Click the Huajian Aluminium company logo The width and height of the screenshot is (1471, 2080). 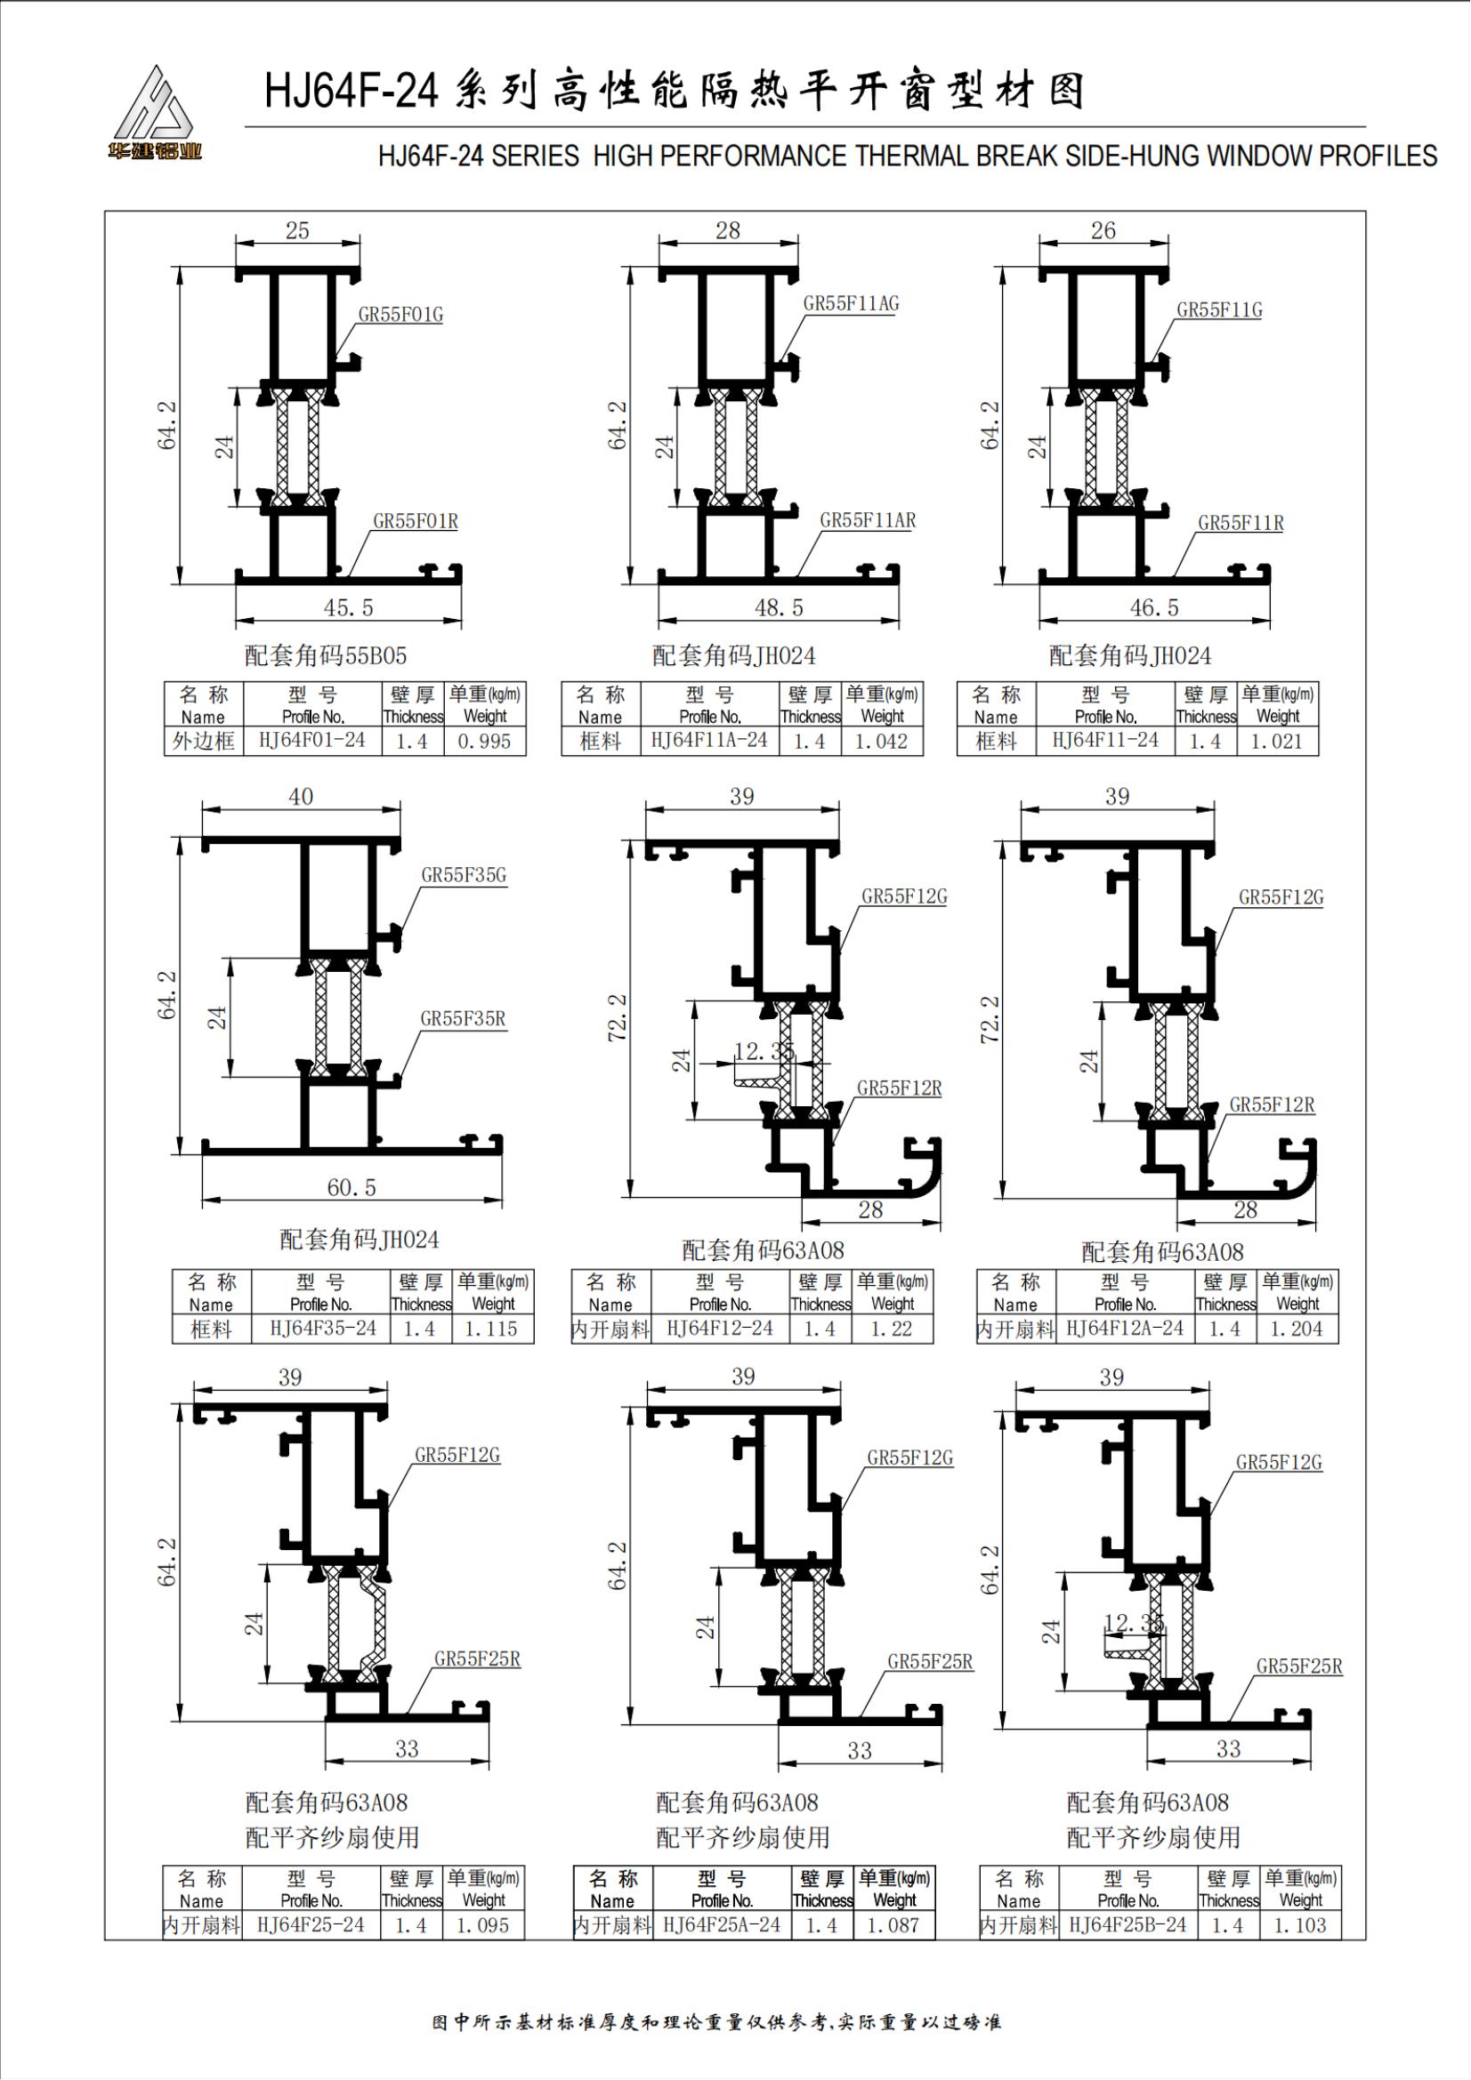click(153, 113)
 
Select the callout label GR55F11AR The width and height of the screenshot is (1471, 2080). click(868, 521)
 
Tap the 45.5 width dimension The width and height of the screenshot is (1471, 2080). click(348, 608)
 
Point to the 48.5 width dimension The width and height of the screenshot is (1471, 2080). click(779, 608)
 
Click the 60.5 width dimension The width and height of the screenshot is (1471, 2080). click(351, 1187)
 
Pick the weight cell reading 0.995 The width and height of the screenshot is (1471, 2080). click(484, 741)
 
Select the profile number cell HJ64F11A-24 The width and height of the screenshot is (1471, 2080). click(708, 741)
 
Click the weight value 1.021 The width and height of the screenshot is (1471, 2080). click(1276, 741)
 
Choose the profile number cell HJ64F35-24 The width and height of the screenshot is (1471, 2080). click(323, 1329)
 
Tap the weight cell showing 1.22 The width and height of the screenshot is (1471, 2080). click(892, 1329)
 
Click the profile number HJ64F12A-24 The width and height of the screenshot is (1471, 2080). click(1125, 1329)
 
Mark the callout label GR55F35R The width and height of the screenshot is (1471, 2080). click(462, 1019)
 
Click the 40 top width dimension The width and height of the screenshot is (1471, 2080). click(301, 796)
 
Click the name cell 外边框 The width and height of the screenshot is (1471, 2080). click(203, 741)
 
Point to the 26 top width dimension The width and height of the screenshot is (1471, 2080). click(1103, 231)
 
